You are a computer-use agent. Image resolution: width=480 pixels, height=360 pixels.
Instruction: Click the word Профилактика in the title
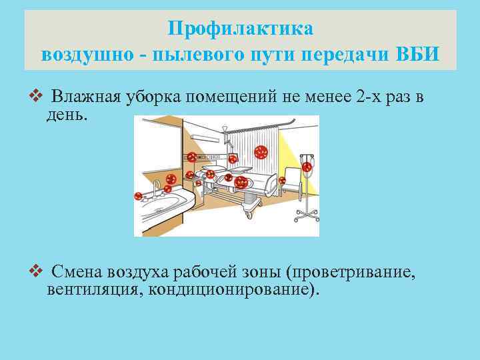pos(240,29)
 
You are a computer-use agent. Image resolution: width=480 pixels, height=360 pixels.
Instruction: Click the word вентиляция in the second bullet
pos(94,290)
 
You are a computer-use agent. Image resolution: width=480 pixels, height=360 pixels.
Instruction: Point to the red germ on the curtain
pos(260,151)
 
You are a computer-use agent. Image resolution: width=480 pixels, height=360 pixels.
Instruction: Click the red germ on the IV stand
pos(307,167)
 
